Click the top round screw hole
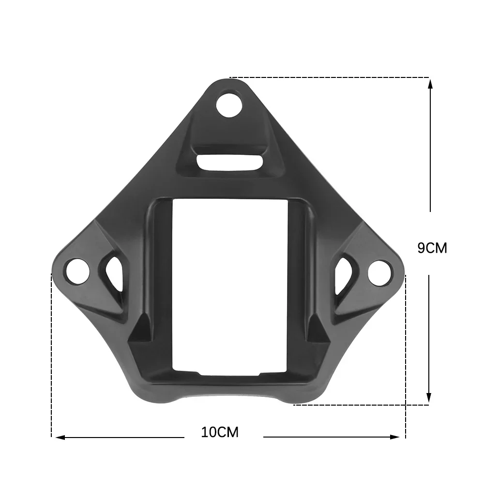click(x=229, y=105)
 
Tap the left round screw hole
click(x=77, y=271)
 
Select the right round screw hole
click(x=379, y=272)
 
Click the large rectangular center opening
click(x=230, y=286)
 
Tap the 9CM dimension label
click(x=432, y=248)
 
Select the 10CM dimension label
click(x=220, y=432)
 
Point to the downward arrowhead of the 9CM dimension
click(x=429, y=398)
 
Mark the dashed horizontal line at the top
click(x=329, y=77)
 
